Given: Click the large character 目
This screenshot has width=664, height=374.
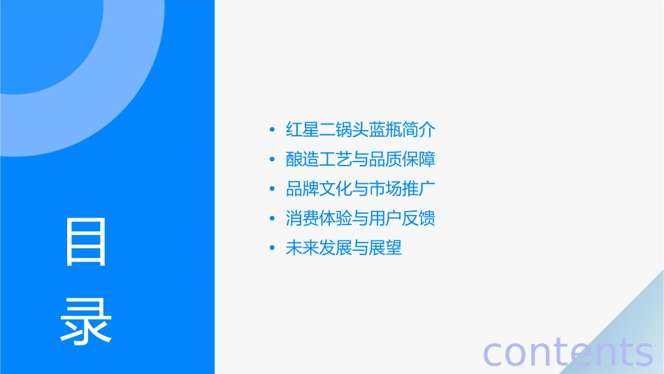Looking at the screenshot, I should coord(86,242).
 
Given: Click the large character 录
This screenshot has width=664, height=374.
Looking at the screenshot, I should coord(86,321).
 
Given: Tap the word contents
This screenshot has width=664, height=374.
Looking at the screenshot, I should coord(568,352).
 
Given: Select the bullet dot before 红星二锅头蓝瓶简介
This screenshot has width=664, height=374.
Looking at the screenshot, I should coord(272,130).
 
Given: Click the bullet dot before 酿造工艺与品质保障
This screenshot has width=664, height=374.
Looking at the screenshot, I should coord(272,159).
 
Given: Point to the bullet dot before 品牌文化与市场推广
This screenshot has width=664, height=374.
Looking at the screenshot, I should coord(272,189).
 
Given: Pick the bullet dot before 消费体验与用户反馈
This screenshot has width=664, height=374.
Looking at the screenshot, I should coord(272,219).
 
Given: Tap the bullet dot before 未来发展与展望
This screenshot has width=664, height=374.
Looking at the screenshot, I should coord(272,248).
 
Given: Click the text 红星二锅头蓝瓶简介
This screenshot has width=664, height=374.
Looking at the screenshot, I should coord(361,130).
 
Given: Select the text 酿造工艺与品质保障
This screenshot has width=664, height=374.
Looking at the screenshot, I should coord(361,159).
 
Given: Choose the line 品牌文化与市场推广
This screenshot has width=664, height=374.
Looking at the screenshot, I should coord(361,189).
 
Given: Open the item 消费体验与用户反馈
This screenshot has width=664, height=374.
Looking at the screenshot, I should coord(361,219).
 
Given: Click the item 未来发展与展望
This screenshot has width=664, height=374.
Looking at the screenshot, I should coord(344,248).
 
